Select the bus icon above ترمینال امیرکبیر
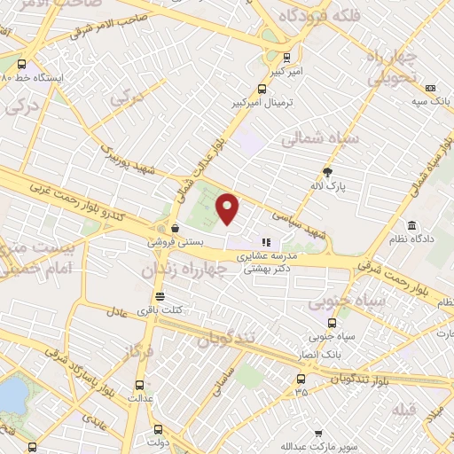261,89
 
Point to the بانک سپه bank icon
430,88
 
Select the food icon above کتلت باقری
160,296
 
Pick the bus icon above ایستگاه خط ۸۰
21,64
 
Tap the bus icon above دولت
159,426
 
